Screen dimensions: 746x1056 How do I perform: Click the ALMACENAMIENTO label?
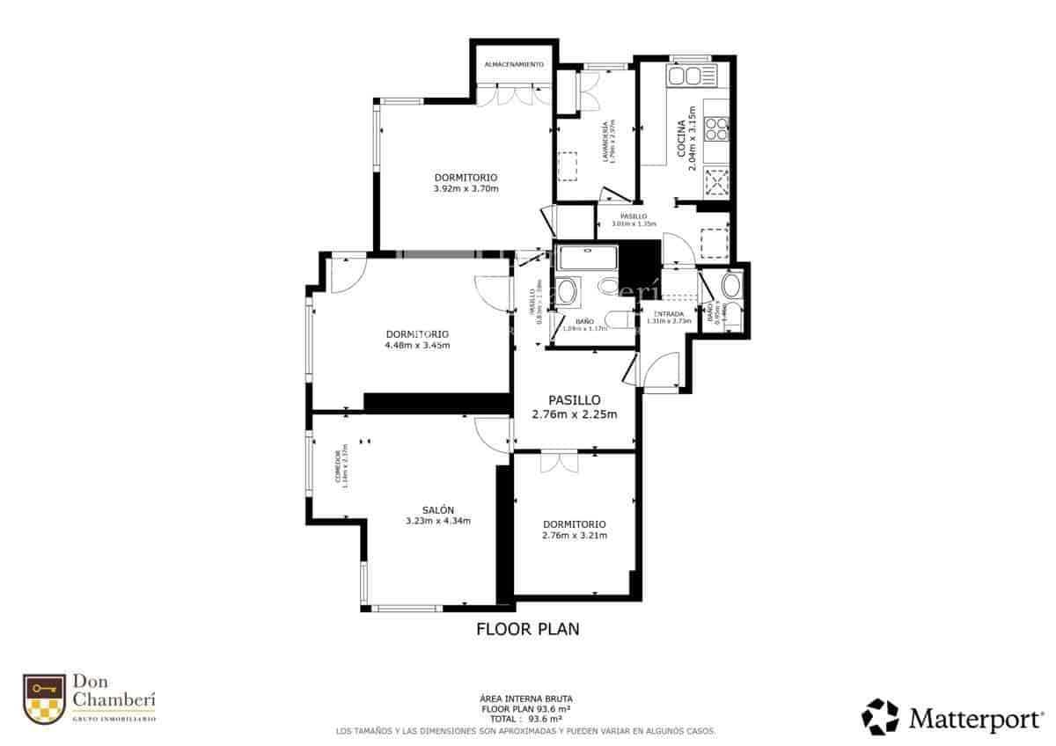tap(515, 65)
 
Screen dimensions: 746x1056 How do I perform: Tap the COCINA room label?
tap(682, 139)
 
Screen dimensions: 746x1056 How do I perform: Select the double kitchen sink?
tap(692, 76)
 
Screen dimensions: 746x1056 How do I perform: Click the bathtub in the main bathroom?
tap(590, 258)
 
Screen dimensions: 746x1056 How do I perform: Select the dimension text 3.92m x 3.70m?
tap(466, 188)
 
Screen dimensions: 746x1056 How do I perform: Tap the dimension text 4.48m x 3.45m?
tap(417, 345)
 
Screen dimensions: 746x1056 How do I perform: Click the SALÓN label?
tap(437, 510)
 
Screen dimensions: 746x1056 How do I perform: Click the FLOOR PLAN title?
tap(527, 629)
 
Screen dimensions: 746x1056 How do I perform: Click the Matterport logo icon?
tap(880, 716)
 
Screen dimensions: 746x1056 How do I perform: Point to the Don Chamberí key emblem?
tap(44, 699)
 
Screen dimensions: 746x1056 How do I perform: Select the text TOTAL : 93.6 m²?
tap(527, 718)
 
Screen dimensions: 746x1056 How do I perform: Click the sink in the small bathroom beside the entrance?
tap(731, 286)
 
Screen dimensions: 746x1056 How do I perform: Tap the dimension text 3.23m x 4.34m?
tap(437, 521)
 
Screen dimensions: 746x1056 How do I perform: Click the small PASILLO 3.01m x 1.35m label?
tap(634, 216)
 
